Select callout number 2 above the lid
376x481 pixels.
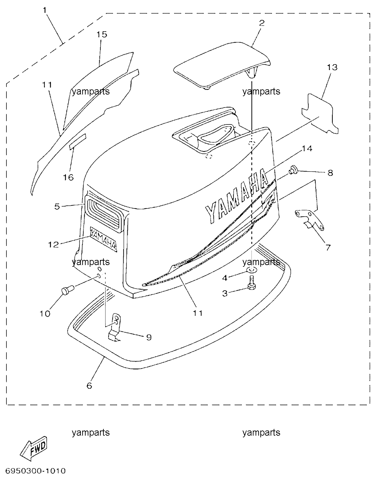pos(262,23)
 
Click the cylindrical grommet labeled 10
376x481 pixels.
pos(68,290)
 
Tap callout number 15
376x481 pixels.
pos(102,34)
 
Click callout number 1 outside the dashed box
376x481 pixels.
pos(45,10)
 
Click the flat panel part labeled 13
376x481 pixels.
pos(320,114)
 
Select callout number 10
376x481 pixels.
pos(45,314)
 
